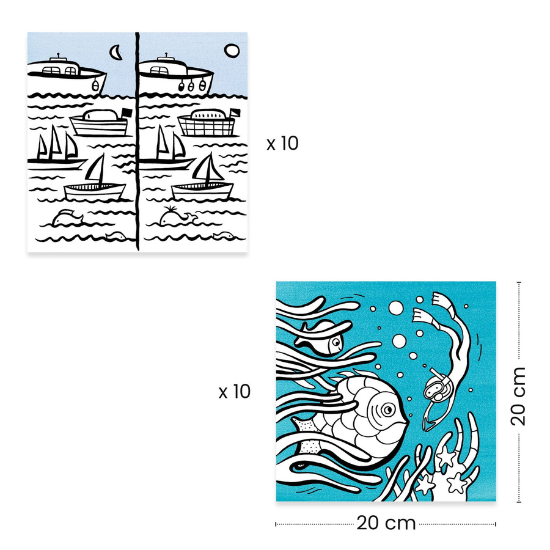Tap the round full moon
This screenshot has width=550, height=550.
pyautogui.click(x=231, y=51)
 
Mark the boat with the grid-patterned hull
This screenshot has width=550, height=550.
pyautogui.click(x=207, y=125)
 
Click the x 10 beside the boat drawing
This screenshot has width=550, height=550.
pyautogui.click(x=282, y=144)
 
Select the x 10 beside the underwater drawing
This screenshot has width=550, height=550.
pyautogui.click(x=235, y=392)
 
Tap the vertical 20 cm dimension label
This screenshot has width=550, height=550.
pyautogui.click(x=518, y=395)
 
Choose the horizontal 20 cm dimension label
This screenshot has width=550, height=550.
pyautogui.click(x=386, y=523)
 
